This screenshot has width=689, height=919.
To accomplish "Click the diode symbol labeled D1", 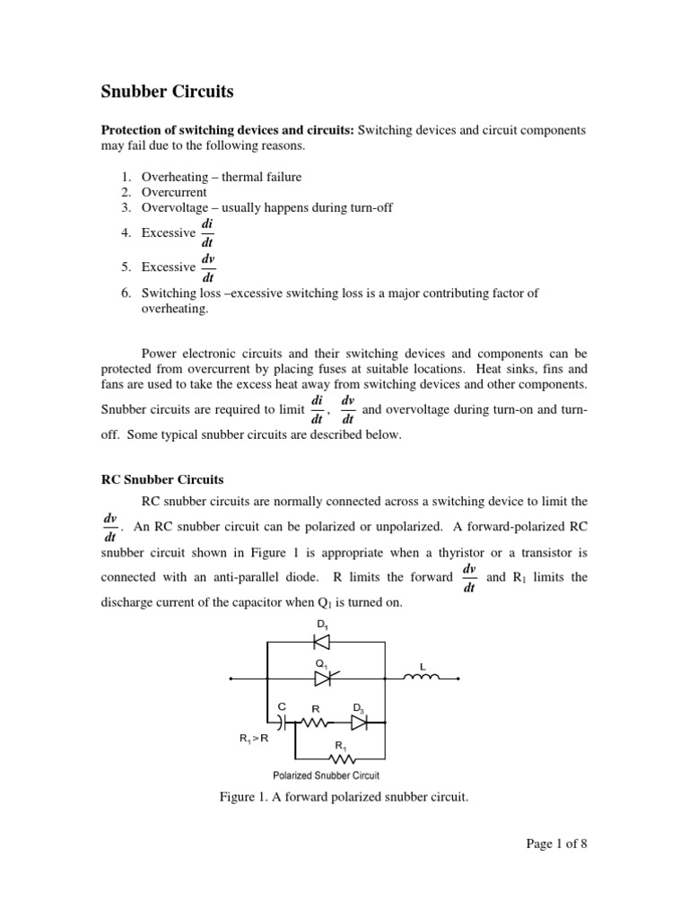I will (321, 642).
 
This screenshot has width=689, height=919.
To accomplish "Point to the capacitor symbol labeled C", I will (283, 721).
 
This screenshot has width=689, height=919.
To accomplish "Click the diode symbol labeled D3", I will (359, 721).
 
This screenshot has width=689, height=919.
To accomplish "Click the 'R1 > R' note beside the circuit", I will (254, 738).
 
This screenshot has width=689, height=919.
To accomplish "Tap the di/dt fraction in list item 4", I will (207, 233).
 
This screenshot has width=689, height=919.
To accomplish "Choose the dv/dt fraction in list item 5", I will (207, 267).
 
